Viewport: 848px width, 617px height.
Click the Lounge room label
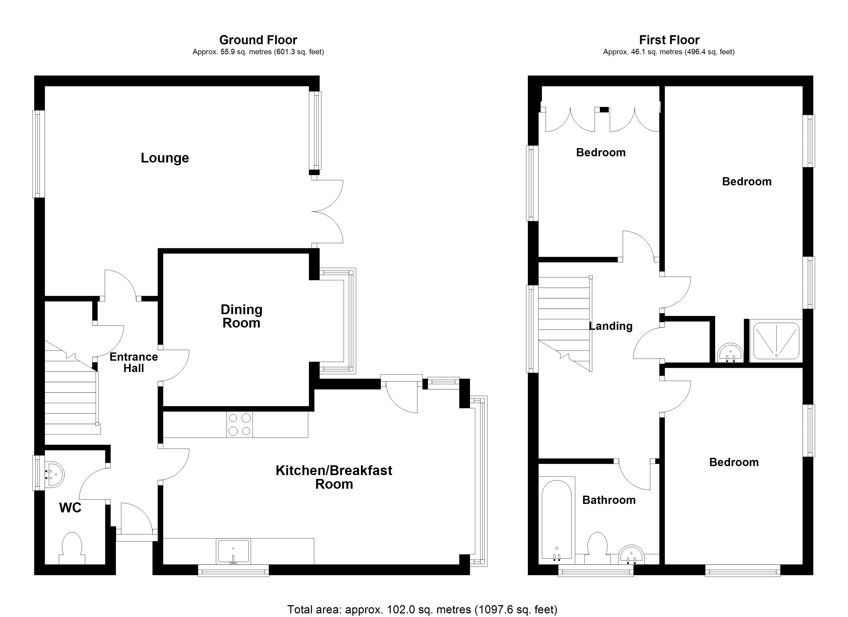(x=165, y=158)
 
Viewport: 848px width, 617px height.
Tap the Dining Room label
(x=242, y=316)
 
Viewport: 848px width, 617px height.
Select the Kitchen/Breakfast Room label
(x=334, y=477)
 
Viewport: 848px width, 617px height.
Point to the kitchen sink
(x=233, y=551)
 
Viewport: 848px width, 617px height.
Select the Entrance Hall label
(x=133, y=362)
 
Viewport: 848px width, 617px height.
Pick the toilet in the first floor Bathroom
(x=597, y=548)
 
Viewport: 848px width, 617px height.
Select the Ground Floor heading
(x=258, y=40)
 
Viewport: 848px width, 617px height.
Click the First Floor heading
(x=669, y=40)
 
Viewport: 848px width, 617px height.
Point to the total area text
(x=422, y=610)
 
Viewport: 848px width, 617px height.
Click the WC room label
(x=70, y=508)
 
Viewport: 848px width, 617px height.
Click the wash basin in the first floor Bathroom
(x=632, y=555)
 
